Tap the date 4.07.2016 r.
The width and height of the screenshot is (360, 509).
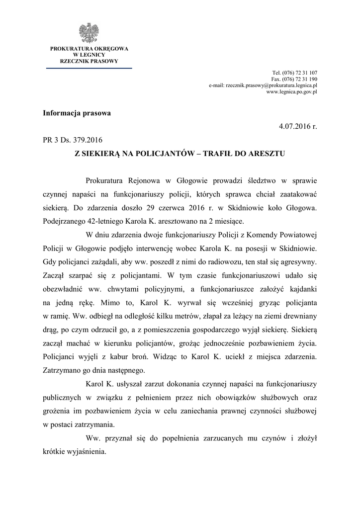click(x=298, y=127)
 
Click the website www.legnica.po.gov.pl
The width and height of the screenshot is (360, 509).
click(x=292, y=92)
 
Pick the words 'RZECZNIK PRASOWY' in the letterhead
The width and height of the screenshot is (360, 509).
click(x=89, y=61)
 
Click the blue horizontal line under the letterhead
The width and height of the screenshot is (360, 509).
click(x=89, y=68)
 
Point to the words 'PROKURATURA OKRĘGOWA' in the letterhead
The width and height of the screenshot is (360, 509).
click(x=89, y=48)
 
